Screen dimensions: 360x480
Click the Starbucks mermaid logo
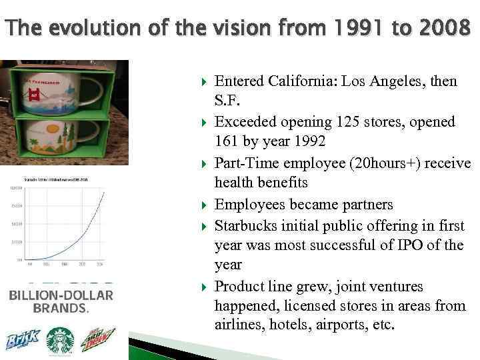[61, 341]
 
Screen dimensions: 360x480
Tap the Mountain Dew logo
[98, 341]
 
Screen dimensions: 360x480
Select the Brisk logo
[23, 341]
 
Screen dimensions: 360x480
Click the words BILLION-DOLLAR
[61, 295]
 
